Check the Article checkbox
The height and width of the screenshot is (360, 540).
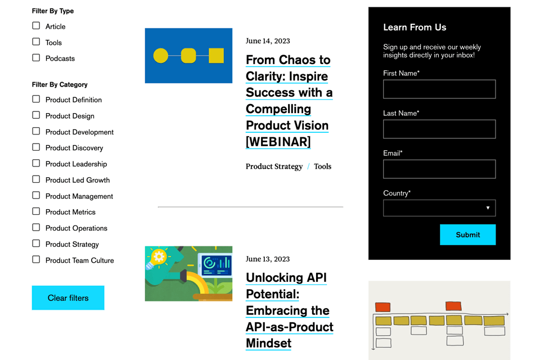[36, 26]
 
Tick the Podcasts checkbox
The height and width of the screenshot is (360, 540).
[36, 57]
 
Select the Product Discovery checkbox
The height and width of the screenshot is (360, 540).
[36, 147]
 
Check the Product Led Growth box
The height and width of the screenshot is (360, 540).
[36, 179]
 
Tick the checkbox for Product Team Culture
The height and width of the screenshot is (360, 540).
[36, 259]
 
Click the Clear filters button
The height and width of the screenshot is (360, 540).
[68, 298]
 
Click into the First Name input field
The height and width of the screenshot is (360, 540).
[439, 89]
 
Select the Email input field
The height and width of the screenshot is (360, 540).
[439, 169]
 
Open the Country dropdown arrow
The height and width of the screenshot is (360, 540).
[488, 208]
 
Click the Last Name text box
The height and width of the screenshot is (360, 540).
[439, 129]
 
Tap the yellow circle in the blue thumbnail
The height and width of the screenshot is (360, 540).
[160, 56]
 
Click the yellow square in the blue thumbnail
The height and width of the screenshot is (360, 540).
[216, 56]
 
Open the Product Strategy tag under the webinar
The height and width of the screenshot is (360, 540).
[274, 166]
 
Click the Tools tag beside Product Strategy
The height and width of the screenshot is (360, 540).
[323, 166]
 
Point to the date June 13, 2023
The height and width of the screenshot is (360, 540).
[268, 259]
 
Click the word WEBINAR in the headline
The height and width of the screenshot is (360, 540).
[278, 142]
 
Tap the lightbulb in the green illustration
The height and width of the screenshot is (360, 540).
[157, 258]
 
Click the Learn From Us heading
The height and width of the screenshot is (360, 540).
[415, 27]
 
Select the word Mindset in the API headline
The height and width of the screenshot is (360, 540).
[269, 343]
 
